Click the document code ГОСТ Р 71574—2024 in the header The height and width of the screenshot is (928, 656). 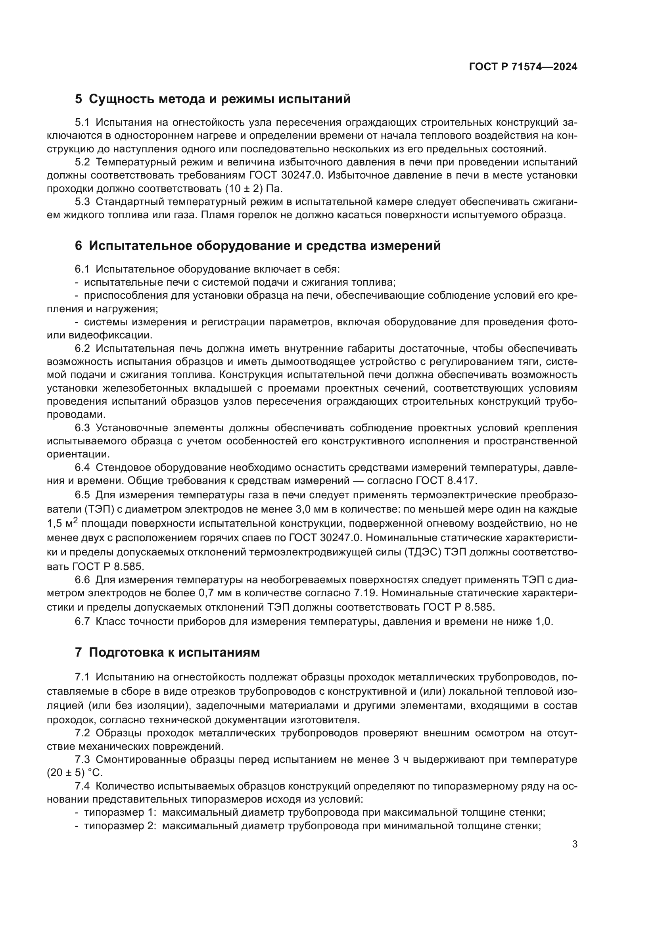pos(523,67)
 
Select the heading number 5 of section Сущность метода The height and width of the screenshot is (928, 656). pos(79,99)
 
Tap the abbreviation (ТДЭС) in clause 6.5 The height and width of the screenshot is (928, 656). pos(422,553)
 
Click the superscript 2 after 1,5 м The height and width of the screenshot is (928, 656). pos(75,520)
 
